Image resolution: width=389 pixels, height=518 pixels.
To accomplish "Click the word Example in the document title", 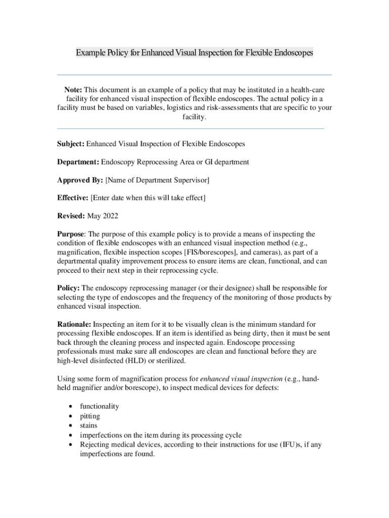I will tap(89, 53).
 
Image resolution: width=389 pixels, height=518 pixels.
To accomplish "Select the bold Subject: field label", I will tap(71, 144).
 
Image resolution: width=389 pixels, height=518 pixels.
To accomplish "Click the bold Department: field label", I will tap(78, 162).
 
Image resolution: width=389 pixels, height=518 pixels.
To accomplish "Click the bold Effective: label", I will tap(73, 198).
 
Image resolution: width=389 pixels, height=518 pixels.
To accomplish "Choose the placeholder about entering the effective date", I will tap(148, 198).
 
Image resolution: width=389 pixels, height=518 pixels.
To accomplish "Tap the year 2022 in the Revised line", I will tap(111, 216).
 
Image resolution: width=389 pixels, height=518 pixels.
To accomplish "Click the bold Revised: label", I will tap(71, 216).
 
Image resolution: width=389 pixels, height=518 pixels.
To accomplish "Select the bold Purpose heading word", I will tap(71, 234).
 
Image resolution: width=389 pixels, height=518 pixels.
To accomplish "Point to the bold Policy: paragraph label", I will tap(68, 288).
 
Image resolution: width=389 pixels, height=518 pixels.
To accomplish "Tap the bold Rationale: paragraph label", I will tap(74, 324).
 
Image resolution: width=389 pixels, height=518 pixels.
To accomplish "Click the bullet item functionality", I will tap(100, 406).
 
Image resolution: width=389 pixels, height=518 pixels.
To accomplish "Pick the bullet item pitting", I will tap(90, 416).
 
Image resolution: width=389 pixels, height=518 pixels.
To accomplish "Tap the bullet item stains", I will tap(89, 426).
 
